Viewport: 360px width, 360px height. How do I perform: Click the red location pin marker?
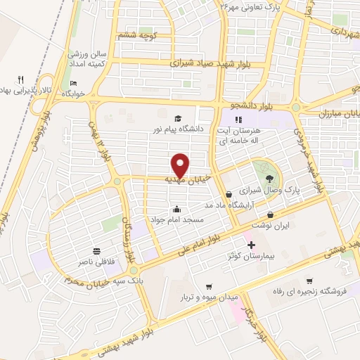[x=181, y=165]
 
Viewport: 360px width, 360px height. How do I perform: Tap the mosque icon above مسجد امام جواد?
[x=176, y=209]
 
